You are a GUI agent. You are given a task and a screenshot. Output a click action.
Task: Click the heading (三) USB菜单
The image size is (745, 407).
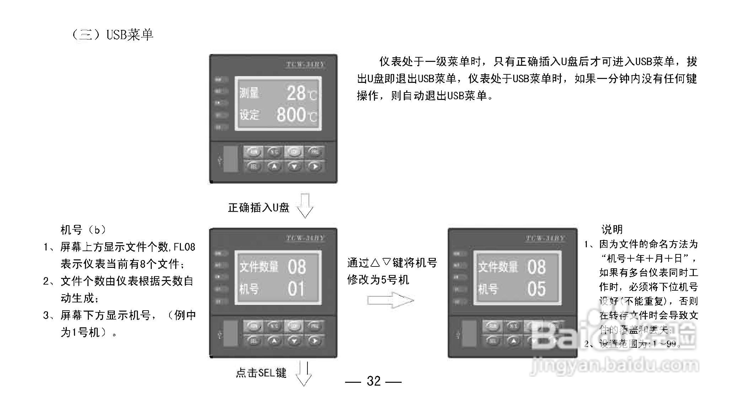pos(112,35)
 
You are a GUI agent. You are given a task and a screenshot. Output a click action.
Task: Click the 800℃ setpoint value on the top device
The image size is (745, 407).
pos(296,115)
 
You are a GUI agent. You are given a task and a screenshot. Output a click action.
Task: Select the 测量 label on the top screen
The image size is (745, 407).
pos(249,93)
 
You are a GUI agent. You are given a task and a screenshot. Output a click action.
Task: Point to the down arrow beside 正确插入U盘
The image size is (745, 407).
pos(305,206)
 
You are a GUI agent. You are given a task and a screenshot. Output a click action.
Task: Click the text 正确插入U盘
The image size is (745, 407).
pos(258,208)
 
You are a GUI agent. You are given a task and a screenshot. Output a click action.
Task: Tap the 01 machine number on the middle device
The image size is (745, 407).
pos(296,289)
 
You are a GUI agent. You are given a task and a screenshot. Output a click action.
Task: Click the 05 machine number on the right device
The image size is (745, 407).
pos(536,289)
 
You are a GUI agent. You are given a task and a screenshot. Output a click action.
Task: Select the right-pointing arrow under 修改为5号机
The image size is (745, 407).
pos(390,301)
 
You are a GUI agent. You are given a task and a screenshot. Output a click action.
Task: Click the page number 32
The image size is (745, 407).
pos(374,381)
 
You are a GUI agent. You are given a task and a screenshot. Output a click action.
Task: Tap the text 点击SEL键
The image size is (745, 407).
pos(261,373)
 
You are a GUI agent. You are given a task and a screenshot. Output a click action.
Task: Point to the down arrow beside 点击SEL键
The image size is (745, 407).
pos(304,374)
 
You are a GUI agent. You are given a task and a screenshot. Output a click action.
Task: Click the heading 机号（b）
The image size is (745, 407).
pos(84,230)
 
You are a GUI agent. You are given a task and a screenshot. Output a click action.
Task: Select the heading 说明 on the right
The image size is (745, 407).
pos(612,229)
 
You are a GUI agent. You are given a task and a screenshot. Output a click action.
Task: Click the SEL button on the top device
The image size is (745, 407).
pos(253,166)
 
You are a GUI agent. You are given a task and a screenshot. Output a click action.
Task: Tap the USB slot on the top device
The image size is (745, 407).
pos(231,159)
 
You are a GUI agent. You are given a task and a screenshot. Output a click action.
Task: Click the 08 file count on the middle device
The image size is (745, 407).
pos(297,267)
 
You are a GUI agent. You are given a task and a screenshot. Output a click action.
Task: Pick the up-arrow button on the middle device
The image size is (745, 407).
pos(274,341)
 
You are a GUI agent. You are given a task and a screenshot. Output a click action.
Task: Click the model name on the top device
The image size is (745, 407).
pos(305,64)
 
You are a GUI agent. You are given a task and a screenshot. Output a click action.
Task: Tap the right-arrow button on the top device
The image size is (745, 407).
pos(314,166)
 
